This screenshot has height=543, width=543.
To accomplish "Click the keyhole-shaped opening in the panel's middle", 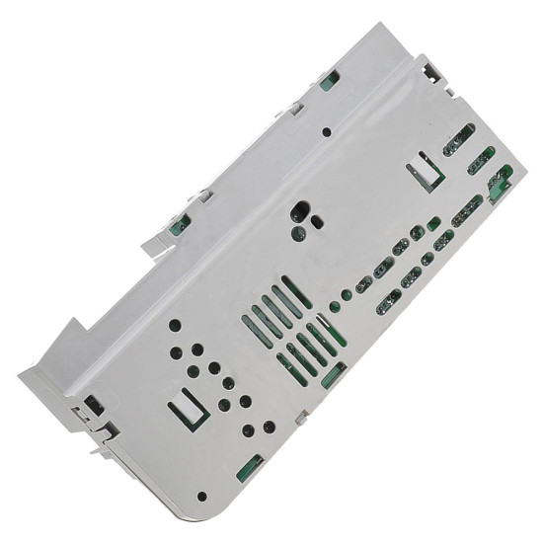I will pyautogui.click(x=298, y=213).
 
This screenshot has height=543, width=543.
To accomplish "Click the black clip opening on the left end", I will pyautogui.click(x=93, y=403).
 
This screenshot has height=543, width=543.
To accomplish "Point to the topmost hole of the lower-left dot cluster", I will pyautogui.click(x=175, y=324).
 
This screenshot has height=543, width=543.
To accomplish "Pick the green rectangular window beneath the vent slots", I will pyautogui.click(x=334, y=373).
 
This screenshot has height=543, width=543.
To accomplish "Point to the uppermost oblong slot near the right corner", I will pyautogui.click(x=456, y=143).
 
